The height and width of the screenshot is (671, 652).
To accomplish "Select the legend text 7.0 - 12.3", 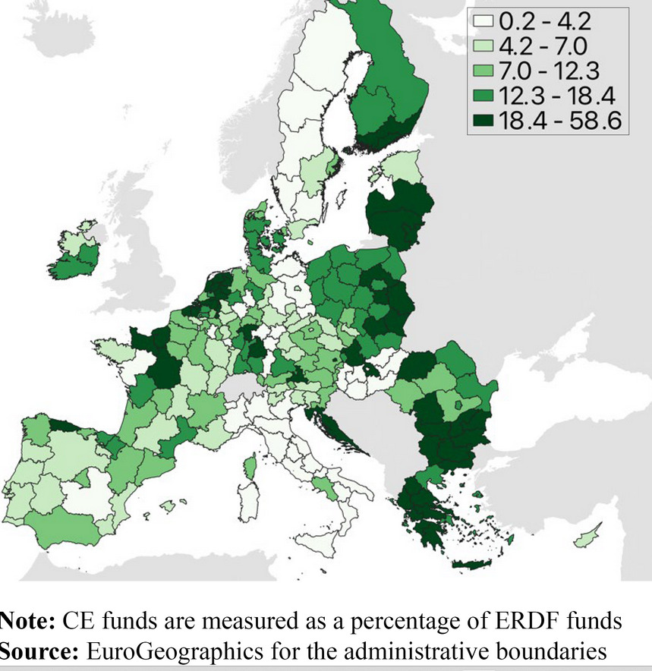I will point(550,71).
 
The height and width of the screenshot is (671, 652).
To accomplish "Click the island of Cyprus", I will point(586,534).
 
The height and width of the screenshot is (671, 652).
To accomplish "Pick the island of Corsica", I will point(250,464).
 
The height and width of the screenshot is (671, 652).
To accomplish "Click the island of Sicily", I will point(319,547).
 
